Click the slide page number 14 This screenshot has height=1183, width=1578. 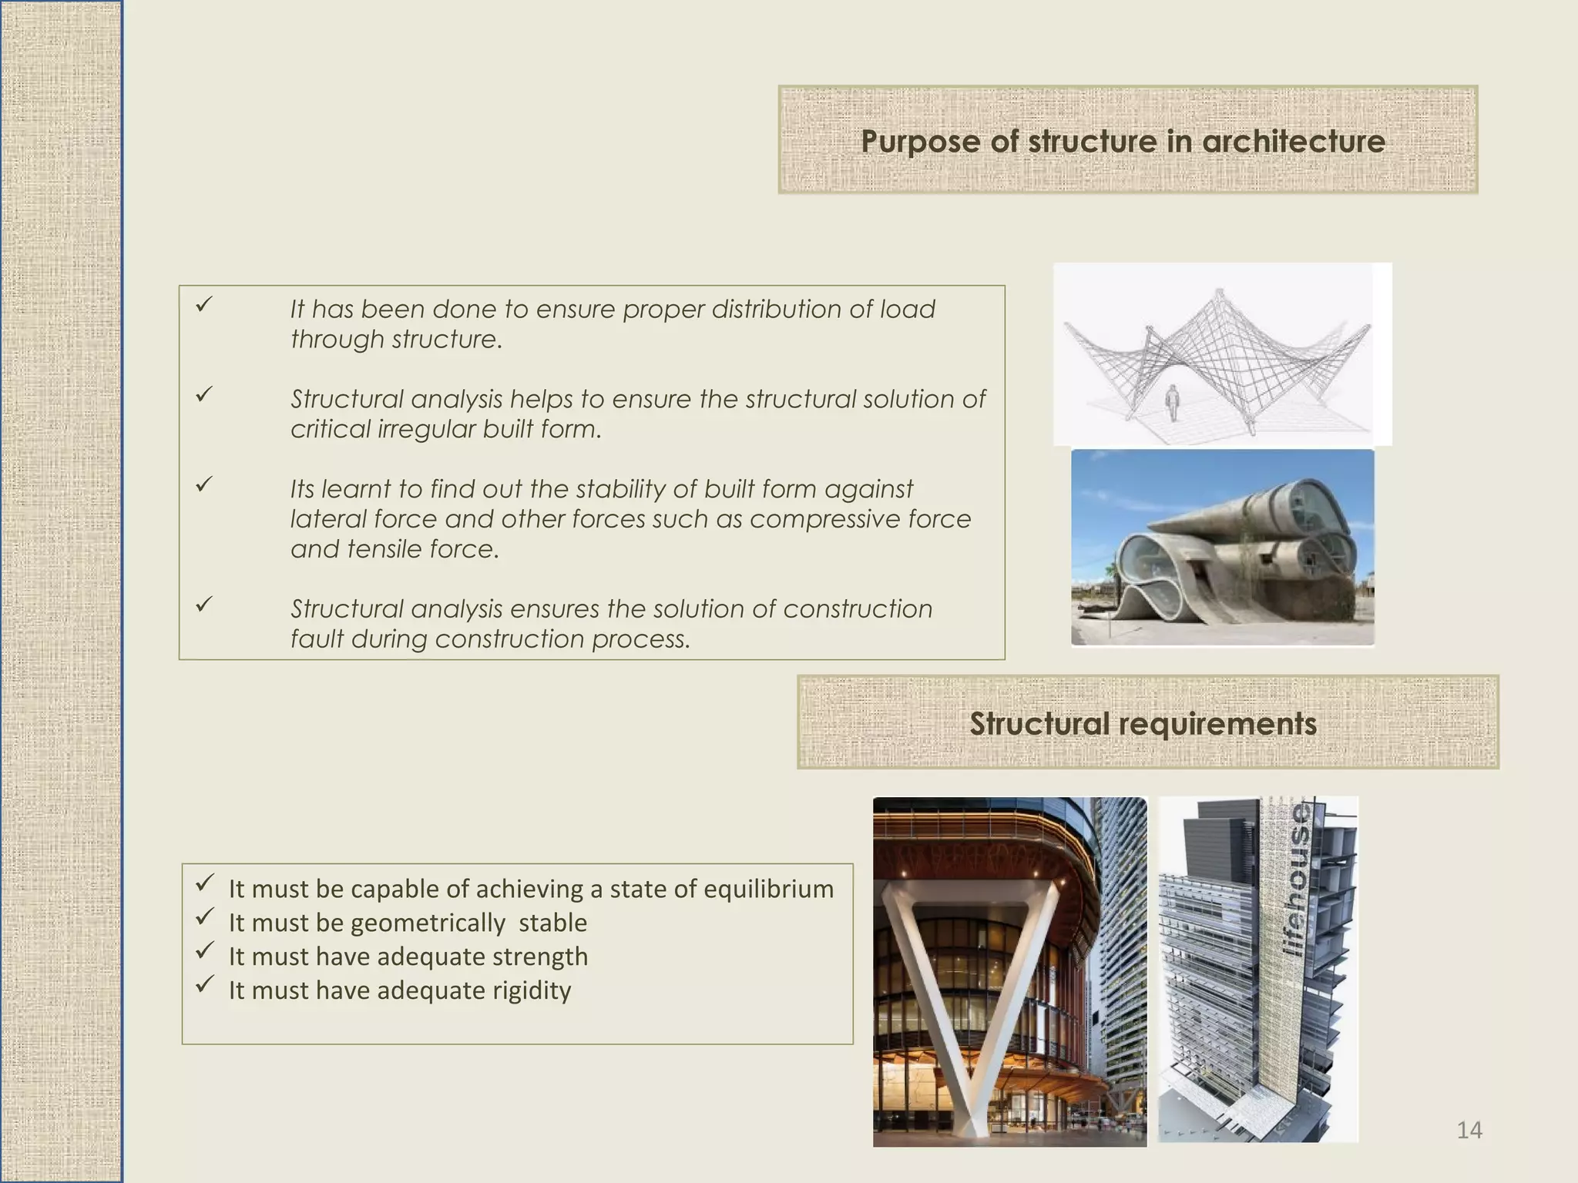coord(1469,1130)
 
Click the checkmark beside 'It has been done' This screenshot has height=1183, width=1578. coord(203,305)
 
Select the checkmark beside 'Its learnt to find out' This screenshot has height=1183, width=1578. coord(203,484)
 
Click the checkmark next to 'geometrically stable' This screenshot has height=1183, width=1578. coord(204,917)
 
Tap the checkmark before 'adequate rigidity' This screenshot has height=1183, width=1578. coord(204,984)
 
